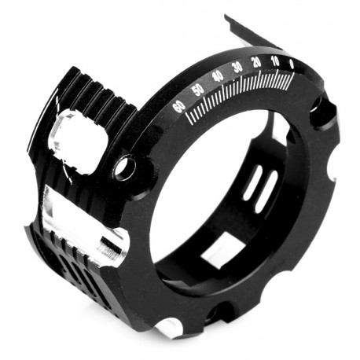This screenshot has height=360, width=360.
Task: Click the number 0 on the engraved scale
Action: point(291,63)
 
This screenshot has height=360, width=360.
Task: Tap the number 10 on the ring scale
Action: point(274,61)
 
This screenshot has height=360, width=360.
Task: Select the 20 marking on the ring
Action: point(256,62)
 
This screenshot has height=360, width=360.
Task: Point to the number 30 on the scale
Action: point(237,67)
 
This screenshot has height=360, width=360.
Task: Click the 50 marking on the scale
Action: point(198,89)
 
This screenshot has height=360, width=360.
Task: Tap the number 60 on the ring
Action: point(179,106)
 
